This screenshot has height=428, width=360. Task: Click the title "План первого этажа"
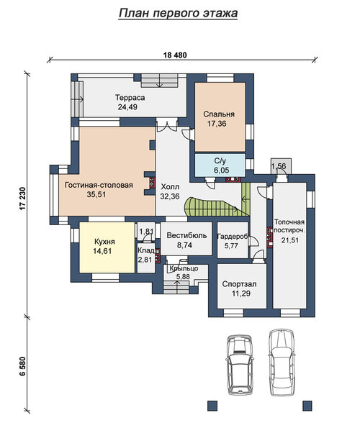(x=178, y=13)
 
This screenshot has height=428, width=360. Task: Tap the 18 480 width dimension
(x=175, y=55)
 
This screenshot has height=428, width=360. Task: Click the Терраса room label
(x=130, y=98)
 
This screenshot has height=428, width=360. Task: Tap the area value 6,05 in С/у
(x=222, y=170)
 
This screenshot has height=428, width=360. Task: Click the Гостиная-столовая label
(x=99, y=185)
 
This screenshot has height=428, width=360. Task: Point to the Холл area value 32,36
(x=170, y=196)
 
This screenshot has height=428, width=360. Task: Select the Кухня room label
(x=104, y=242)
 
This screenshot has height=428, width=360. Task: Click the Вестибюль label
(x=186, y=235)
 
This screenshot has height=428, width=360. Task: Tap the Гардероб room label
(x=232, y=237)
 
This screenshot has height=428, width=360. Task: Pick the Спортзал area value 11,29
(x=241, y=293)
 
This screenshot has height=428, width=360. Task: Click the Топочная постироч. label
(x=289, y=226)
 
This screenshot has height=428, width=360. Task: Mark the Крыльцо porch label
(x=184, y=268)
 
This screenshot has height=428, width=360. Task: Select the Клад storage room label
(x=146, y=250)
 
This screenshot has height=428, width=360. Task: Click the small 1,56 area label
(x=279, y=166)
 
